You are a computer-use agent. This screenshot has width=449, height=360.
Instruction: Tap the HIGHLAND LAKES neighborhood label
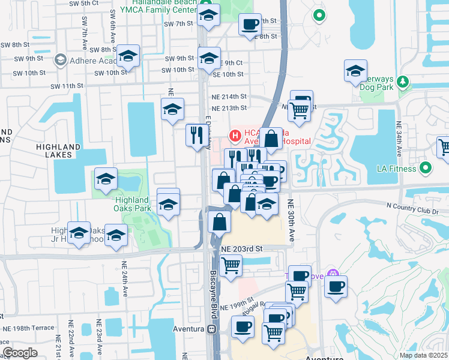(58, 151)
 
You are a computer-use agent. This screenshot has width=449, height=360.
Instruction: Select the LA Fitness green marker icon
(426, 169)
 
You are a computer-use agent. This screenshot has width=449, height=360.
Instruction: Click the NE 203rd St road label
(242, 248)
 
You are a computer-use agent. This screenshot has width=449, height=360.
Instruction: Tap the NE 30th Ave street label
(292, 220)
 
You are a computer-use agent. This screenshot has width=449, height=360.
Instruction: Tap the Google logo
(20, 353)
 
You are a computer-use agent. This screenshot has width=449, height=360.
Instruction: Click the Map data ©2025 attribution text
(423, 355)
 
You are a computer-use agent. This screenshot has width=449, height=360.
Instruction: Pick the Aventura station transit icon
(211, 329)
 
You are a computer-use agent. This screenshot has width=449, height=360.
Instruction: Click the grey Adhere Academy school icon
(60, 60)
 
